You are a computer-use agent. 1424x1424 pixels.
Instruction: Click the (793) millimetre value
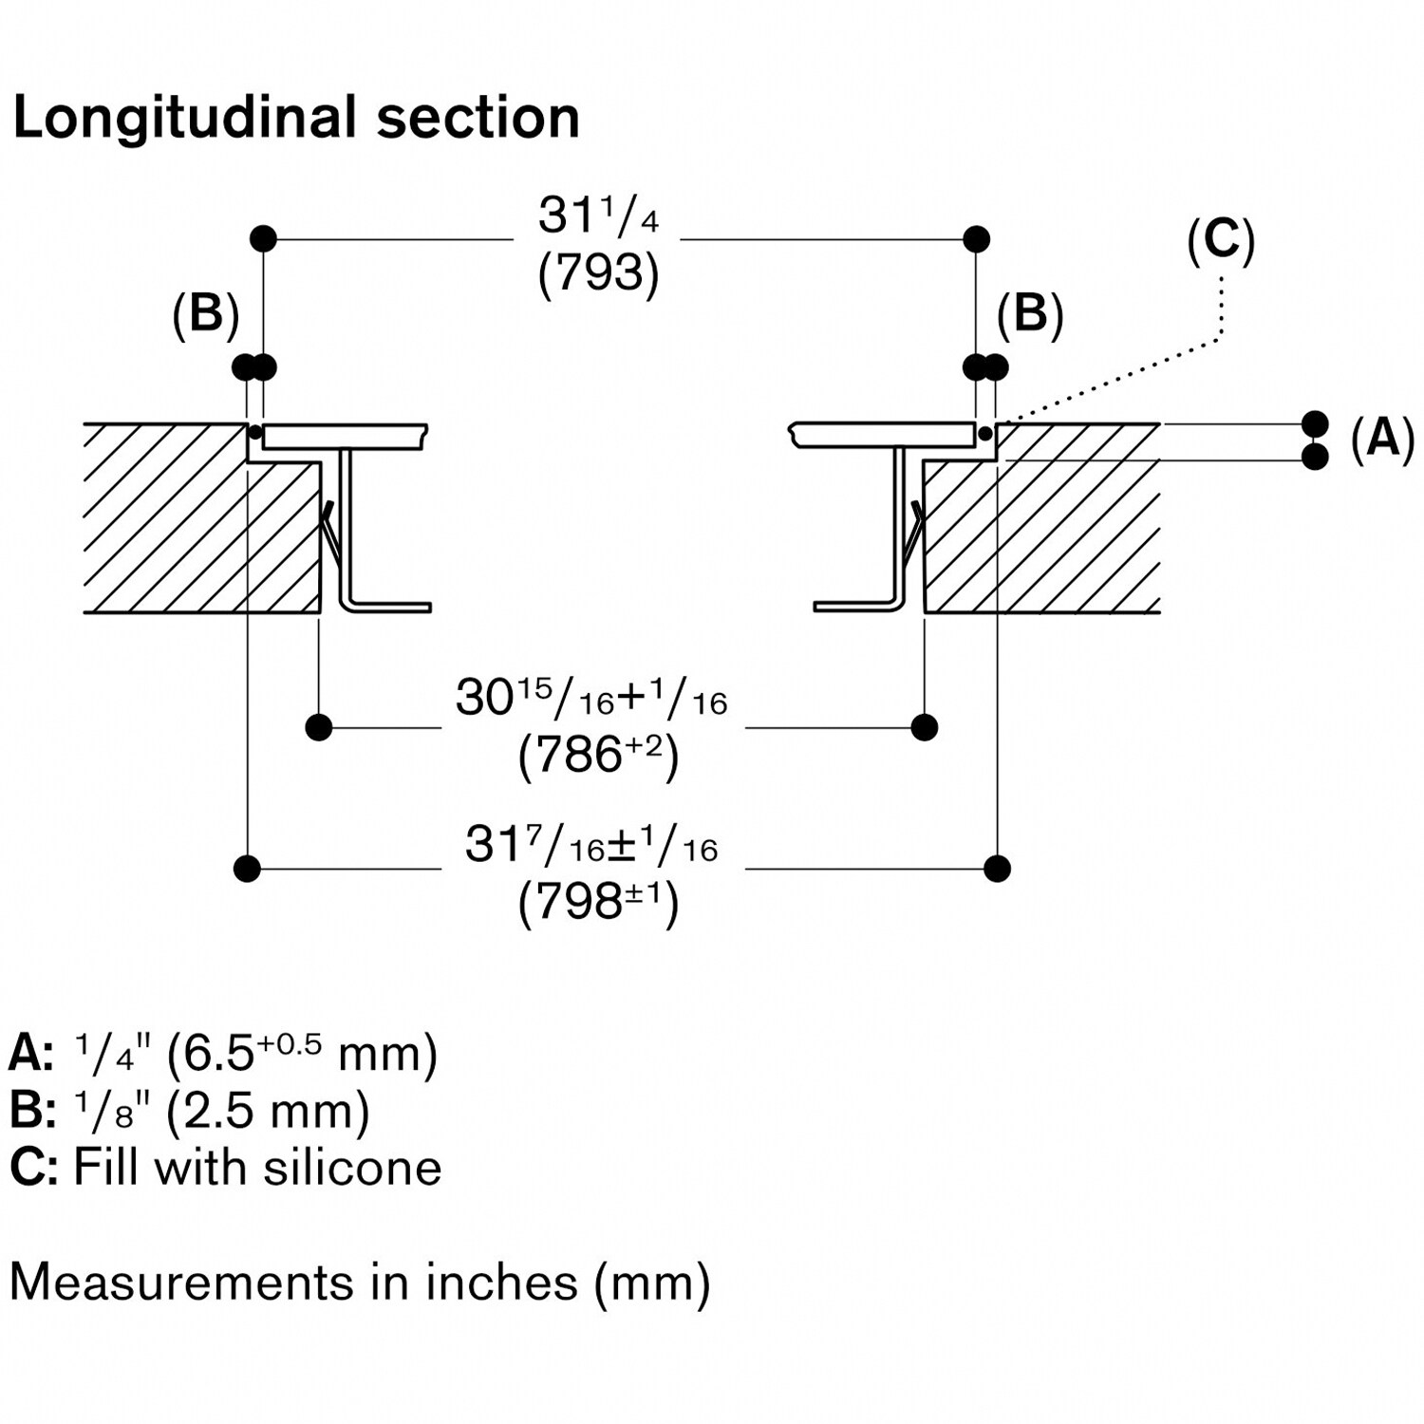click(x=598, y=273)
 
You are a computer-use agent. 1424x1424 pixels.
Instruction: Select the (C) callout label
click(x=1221, y=240)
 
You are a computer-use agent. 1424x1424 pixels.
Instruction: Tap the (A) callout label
click(x=1382, y=439)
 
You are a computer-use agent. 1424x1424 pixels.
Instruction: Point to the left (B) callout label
click(x=205, y=313)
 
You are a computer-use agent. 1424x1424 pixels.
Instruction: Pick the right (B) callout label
click(x=1030, y=313)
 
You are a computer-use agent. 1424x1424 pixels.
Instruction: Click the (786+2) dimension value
click(x=598, y=757)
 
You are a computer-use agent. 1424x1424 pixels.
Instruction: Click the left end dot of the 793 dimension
click(x=263, y=238)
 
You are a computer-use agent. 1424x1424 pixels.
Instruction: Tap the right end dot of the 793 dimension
click(x=976, y=238)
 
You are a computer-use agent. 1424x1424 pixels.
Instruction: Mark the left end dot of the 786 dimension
click(x=319, y=727)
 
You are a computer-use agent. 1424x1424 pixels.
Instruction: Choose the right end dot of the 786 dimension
click(x=924, y=727)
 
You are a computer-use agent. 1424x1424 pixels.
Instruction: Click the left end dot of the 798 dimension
click(x=247, y=868)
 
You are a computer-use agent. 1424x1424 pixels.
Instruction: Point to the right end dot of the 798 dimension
click(x=997, y=868)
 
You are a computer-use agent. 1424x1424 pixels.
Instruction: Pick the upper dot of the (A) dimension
click(x=1315, y=423)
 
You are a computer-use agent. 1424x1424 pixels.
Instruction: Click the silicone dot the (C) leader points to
click(x=986, y=434)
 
